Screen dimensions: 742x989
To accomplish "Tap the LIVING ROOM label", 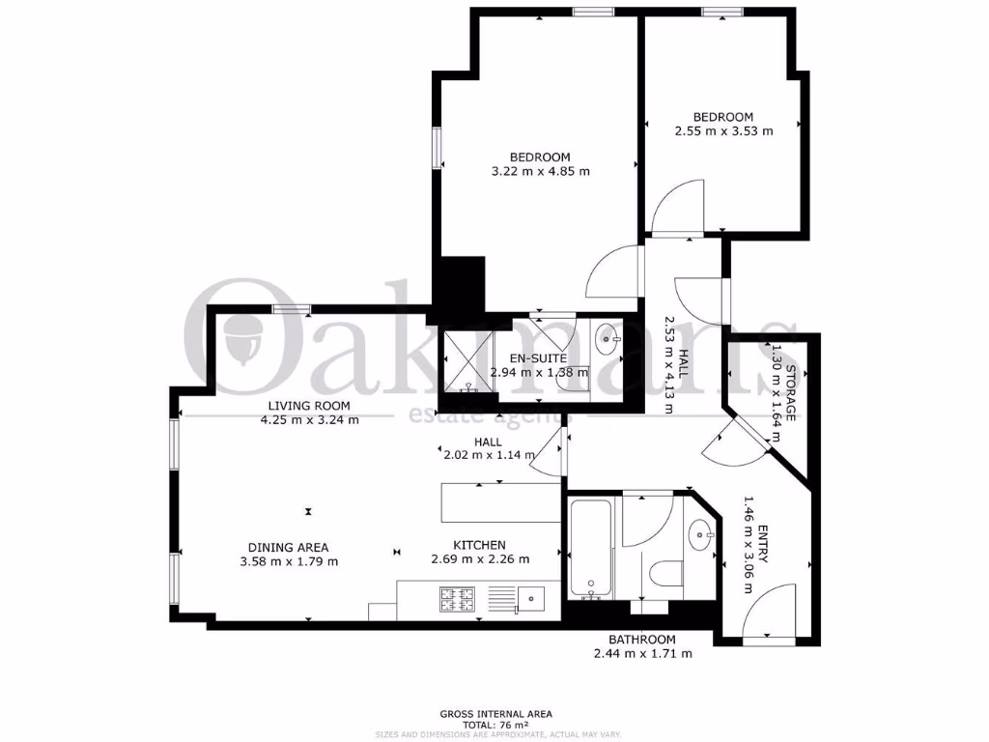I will coord(309,406).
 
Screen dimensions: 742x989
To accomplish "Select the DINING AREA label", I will coord(288,546).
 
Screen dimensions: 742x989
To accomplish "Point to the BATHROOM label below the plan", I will coord(641,640).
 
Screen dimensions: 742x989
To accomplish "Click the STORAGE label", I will coord(789,393).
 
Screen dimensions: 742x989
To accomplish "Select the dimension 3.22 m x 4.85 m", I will coord(540,171).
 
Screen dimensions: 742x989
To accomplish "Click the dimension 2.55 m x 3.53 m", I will coord(723,131).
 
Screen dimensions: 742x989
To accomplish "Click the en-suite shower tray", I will coord(467,359).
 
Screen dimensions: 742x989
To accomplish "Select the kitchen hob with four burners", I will coord(457,599).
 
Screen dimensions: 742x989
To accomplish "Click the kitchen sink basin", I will coord(530,597).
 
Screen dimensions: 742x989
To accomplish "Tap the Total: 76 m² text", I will coord(494,725).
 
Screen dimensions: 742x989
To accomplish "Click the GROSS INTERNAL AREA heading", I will coord(494,714).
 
